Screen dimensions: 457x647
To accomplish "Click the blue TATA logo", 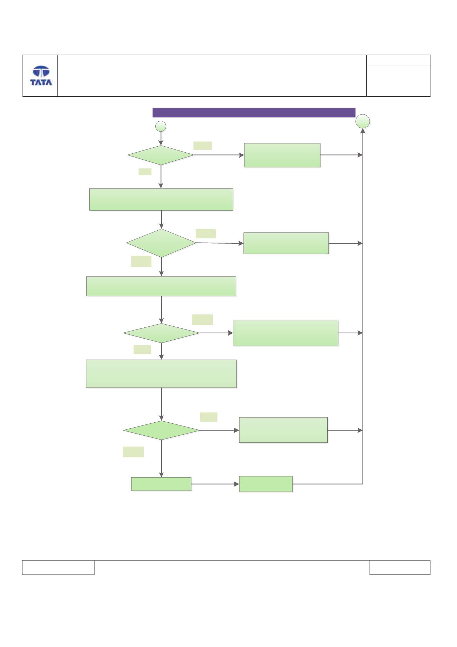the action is point(41,76).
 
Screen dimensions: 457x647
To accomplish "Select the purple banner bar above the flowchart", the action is point(254,113).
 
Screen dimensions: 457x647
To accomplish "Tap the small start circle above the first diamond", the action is point(161,126).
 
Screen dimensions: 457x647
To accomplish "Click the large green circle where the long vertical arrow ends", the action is point(363,121).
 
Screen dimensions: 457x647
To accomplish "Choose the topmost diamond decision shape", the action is point(161,155).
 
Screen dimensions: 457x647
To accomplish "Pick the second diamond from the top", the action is point(161,243).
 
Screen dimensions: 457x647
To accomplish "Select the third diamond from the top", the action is point(161,333).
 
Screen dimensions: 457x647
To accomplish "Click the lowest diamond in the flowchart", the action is point(161,430).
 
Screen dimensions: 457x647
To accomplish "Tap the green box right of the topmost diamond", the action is point(282,155).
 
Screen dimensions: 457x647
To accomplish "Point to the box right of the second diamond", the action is point(286,243).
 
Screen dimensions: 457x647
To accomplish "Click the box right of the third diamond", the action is point(286,333).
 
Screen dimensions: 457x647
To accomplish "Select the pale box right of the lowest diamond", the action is point(283,430).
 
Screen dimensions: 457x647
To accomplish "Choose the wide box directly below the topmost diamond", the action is point(161,199).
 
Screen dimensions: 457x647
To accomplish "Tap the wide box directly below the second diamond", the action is point(161,286).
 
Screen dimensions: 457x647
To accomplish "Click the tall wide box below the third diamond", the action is point(161,374).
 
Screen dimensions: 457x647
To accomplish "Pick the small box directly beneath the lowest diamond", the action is point(161,484).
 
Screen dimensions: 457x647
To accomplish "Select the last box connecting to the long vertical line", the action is point(266,484).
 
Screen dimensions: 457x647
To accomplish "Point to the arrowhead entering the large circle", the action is point(363,131).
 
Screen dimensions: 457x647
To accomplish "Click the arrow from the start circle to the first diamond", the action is point(161,138).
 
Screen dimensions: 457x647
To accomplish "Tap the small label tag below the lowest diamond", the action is point(133,452).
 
